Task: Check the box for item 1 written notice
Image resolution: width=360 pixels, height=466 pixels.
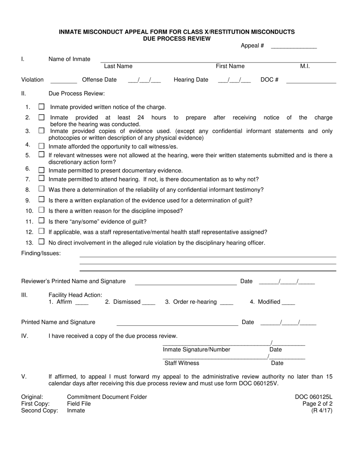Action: pyautogui.click(x=42, y=107)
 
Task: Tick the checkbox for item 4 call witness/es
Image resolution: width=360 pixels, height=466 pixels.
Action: pyautogui.click(x=42, y=146)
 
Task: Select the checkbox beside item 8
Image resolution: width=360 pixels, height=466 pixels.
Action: pyautogui.click(x=42, y=189)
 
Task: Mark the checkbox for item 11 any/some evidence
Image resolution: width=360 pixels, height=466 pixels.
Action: pyautogui.click(x=42, y=220)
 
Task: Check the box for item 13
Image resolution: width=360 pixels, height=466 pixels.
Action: pyautogui.click(x=42, y=242)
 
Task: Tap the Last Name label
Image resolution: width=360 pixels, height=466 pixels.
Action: pyautogui.click(x=118, y=66)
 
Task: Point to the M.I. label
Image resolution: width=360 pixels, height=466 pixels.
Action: pyautogui.click(x=305, y=66)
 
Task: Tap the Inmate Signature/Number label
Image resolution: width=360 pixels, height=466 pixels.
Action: pyautogui.click(x=197, y=350)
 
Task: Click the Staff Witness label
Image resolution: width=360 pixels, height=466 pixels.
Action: pyautogui.click(x=182, y=363)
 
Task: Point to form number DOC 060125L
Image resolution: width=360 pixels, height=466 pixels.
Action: pyautogui.click(x=314, y=397)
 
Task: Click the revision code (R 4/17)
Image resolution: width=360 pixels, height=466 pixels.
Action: pyautogui.click(x=322, y=411)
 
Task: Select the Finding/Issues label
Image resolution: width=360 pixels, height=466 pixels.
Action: pyautogui.click(x=41, y=253)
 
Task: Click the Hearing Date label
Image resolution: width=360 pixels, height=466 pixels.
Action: pyautogui.click(x=191, y=80)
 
